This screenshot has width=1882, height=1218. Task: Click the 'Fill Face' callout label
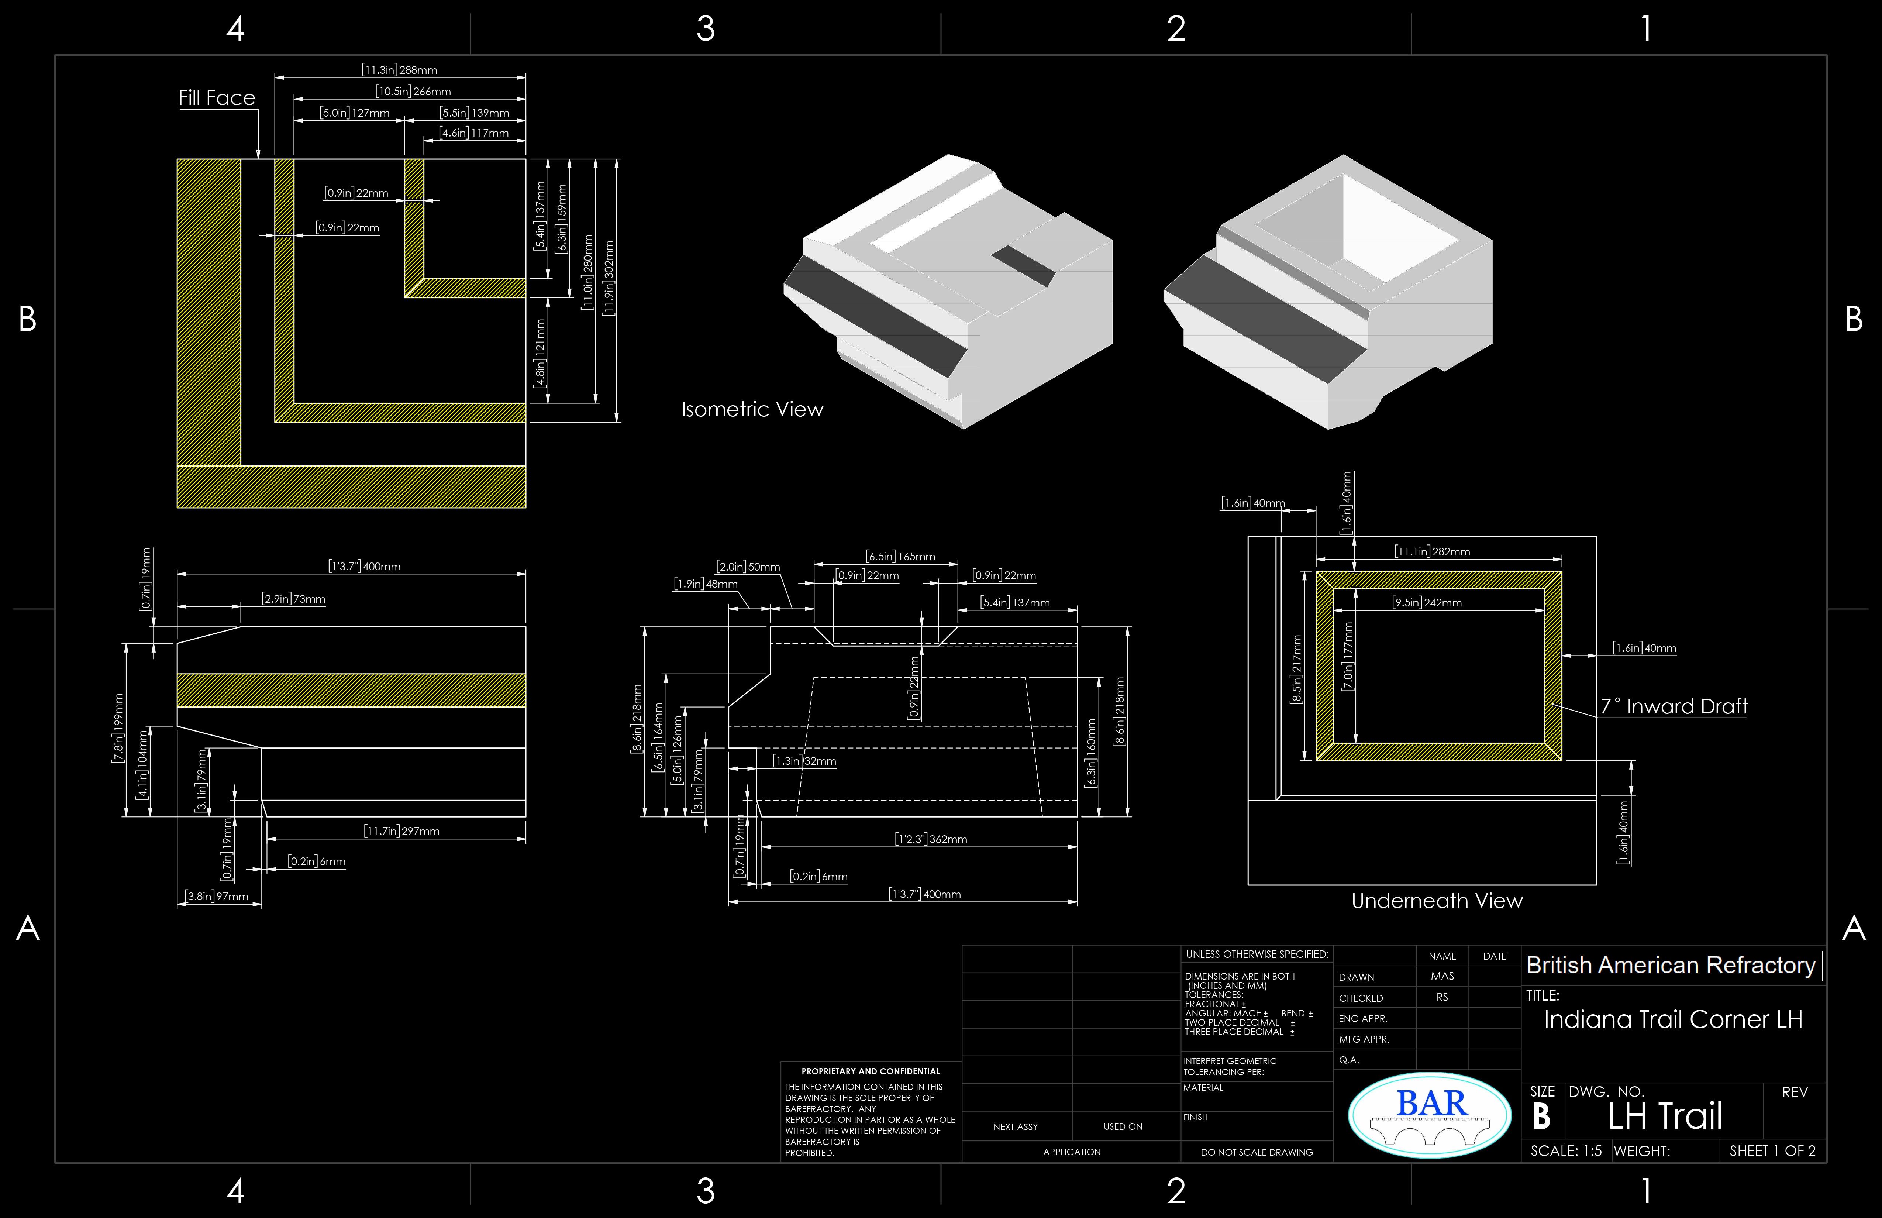pyautogui.click(x=217, y=98)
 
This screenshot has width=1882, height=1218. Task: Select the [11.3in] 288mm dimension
pyautogui.click(x=399, y=70)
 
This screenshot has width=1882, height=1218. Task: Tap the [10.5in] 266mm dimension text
pyautogui.click(x=413, y=91)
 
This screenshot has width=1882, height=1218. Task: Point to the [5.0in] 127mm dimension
pyautogui.click(x=354, y=112)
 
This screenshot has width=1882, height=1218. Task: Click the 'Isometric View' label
pyautogui.click(x=752, y=409)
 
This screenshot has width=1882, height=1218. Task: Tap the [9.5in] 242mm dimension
pyautogui.click(x=1427, y=602)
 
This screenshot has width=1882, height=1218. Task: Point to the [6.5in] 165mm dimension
pyautogui.click(x=900, y=556)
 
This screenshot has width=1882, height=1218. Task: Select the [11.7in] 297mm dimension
pyautogui.click(x=401, y=830)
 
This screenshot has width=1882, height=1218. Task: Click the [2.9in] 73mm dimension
pyautogui.click(x=293, y=599)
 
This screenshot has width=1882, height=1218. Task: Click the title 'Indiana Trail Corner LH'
pyautogui.click(x=1672, y=1019)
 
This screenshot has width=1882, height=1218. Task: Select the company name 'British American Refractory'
pyautogui.click(x=1670, y=965)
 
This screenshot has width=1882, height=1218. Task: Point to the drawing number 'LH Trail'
pyautogui.click(x=1665, y=1116)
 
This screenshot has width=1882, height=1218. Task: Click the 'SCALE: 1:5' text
pyautogui.click(x=1566, y=1151)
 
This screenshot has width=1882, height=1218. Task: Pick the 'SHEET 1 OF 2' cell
pyautogui.click(x=1772, y=1151)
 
